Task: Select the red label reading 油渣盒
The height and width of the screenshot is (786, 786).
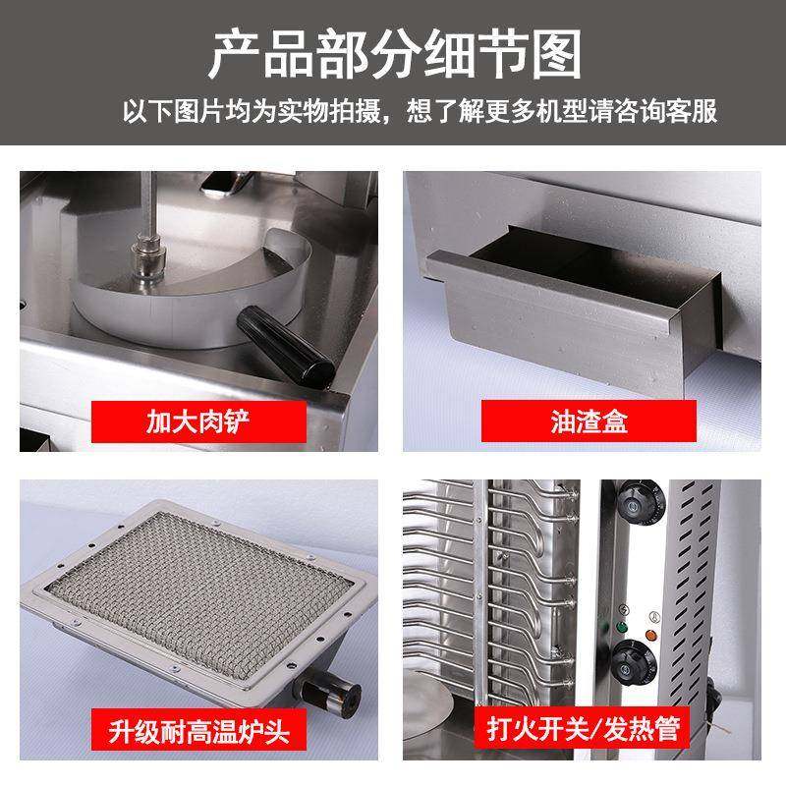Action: coord(589,423)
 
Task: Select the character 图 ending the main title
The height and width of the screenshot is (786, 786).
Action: coord(554,53)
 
